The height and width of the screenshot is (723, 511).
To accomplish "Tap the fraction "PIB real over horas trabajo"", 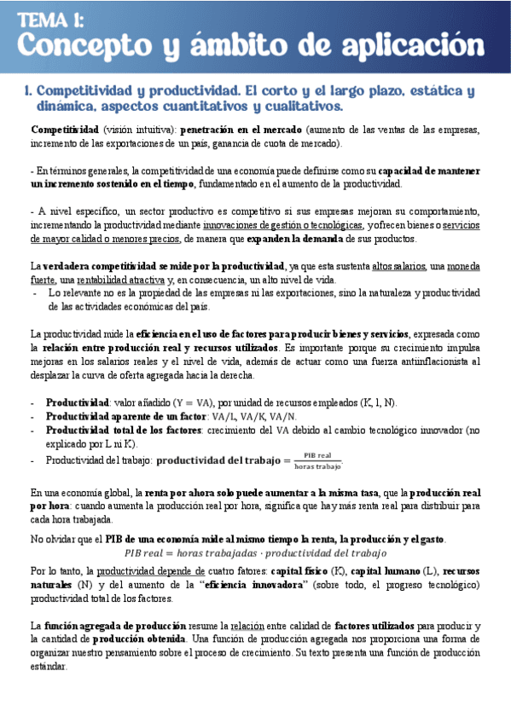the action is (x=316, y=461).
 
